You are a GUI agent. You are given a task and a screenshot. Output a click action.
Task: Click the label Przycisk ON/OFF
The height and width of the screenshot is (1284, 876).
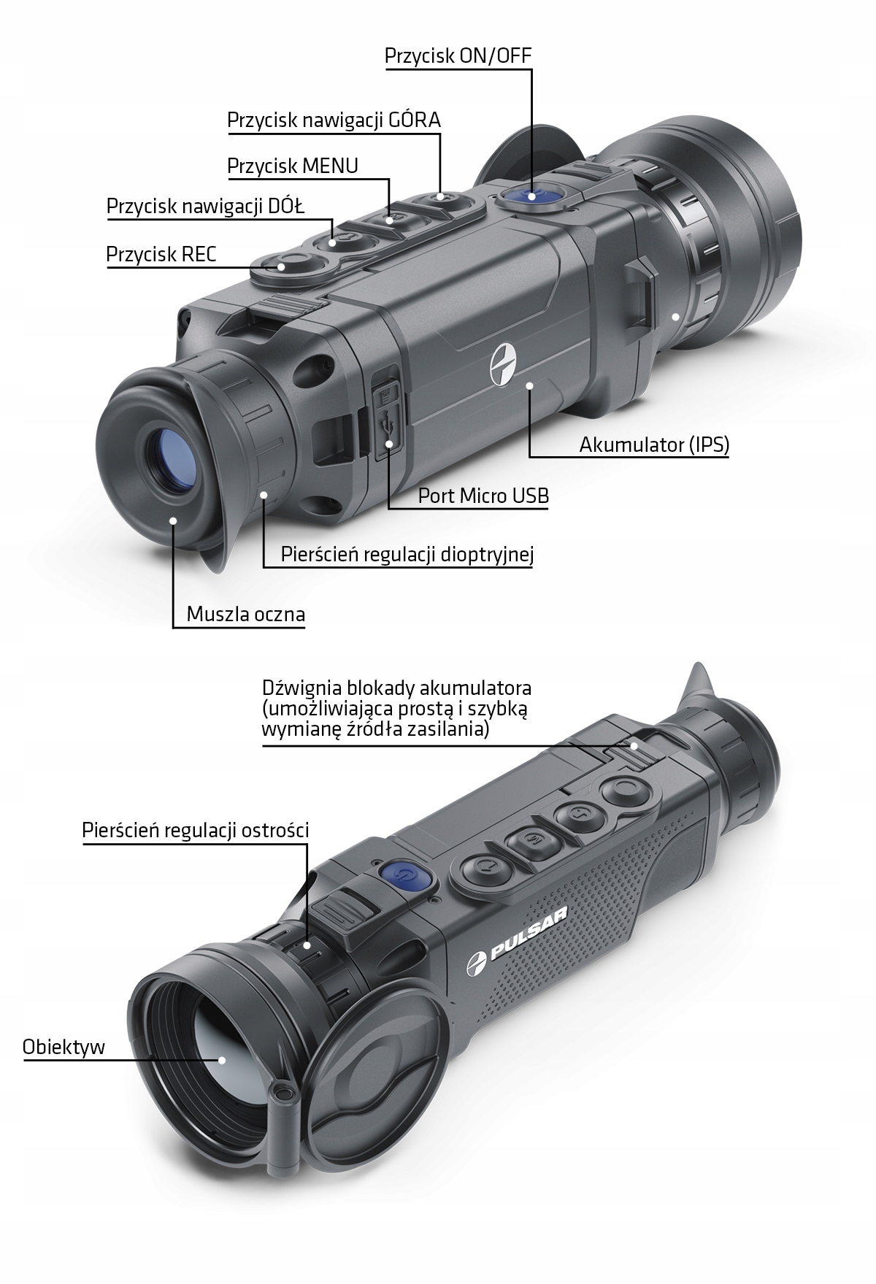coord(458,56)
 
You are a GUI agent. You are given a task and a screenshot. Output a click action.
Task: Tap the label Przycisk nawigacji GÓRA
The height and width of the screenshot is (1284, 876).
coord(334,120)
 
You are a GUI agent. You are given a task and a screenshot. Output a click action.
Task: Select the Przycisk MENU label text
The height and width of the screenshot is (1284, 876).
coord(293,166)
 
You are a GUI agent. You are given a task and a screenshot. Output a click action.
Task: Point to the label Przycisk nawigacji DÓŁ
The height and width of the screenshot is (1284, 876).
coord(206,207)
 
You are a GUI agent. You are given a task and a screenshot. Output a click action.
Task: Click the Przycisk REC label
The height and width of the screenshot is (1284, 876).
coord(161,254)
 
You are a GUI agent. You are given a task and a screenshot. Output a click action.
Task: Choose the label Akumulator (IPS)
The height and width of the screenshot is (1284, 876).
coord(654,445)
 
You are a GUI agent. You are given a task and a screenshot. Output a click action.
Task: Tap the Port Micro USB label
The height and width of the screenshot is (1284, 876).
coord(483,496)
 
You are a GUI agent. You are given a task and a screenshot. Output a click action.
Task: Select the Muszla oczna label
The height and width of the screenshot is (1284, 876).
coord(245,614)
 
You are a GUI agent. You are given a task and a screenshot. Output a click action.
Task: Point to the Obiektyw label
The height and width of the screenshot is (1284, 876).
coord(64,1047)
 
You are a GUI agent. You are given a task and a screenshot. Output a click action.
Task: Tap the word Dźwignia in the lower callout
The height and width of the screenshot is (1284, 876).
coord(295,688)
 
